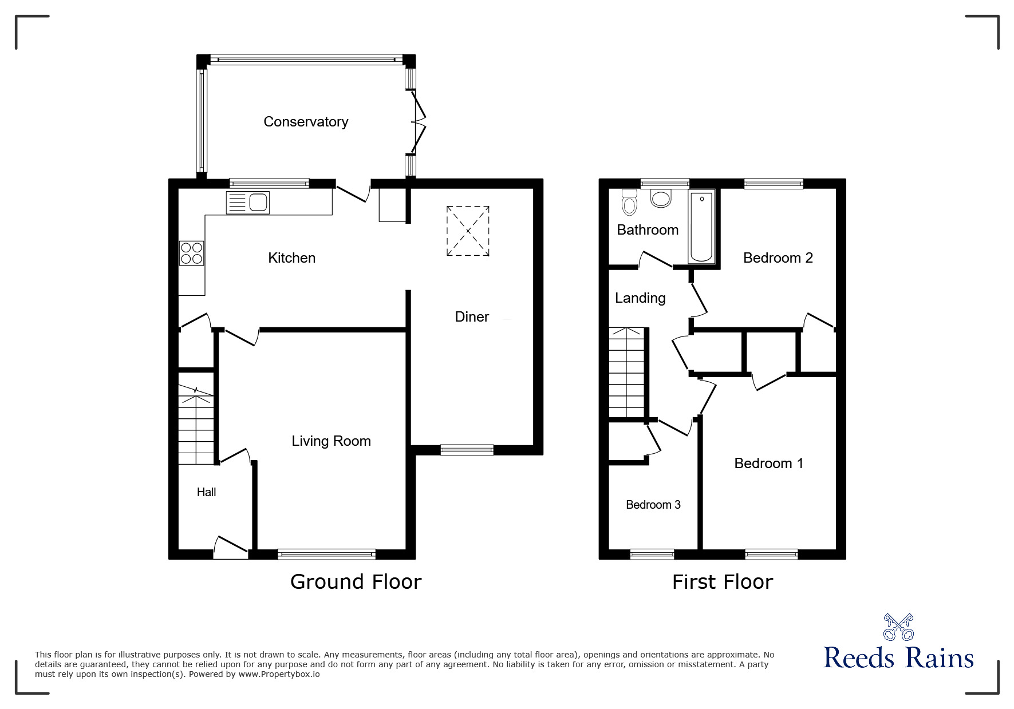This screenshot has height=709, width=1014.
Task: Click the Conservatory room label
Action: click(306, 122)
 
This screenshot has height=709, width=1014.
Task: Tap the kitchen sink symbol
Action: click(248, 203)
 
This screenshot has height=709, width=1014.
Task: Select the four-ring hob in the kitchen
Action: click(191, 254)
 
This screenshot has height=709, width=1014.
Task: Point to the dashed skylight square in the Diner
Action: click(468, 231)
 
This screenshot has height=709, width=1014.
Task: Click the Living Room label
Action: click(331, 441)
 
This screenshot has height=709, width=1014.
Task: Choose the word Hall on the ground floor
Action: click(206, 492)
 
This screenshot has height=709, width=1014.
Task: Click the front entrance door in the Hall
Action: click(231, 548)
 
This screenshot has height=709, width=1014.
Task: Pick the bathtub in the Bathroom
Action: click(701, 227)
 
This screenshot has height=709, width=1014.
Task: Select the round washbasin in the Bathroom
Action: click(661, 199)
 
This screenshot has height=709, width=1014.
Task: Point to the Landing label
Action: click(640, 298)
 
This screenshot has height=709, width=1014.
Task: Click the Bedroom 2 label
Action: click(778, 258)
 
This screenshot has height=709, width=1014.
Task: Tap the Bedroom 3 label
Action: click(653, 505)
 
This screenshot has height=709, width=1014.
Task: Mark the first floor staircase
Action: click(628, 373)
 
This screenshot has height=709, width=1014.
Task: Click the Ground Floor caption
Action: click(356, 582)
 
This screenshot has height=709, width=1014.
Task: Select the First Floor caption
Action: click(722, 582)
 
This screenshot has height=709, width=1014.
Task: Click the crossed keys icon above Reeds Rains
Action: click(898, 627)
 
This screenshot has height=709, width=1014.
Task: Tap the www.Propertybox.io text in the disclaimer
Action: click(279, 674)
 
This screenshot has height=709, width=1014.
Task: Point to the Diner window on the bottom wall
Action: click(467, 450)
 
